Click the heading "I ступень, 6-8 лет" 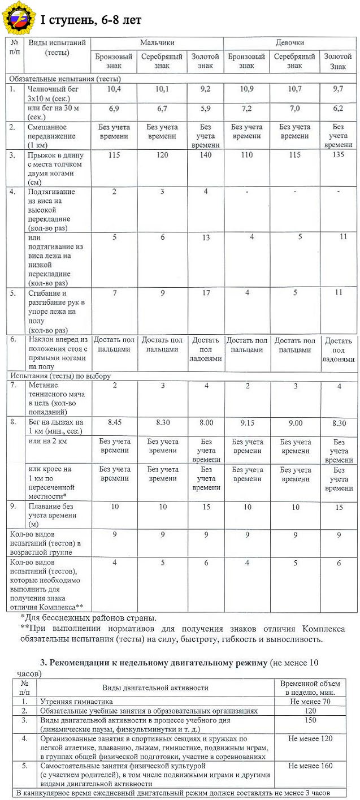click(90, 20)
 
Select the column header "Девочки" click(290, 42)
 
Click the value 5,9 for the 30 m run click(205, 107)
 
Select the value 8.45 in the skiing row click(114, 422)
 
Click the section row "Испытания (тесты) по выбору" click(59, 375)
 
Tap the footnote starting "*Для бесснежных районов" click(88, 618)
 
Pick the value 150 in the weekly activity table click(310, 720)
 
